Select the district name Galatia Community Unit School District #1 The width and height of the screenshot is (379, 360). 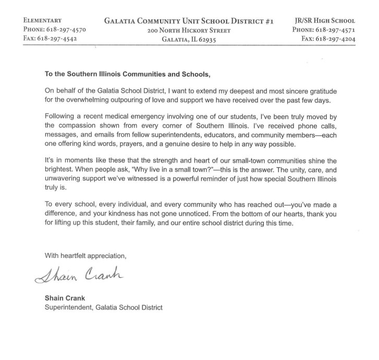(189, 20)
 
